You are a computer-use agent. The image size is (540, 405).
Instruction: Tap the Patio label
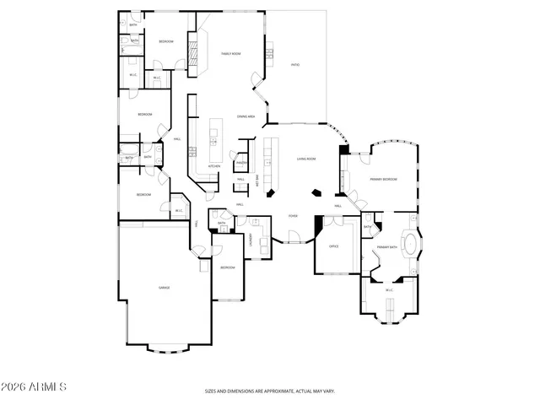(x=295, y=64)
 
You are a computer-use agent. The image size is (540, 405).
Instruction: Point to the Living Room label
(x=305, y=159)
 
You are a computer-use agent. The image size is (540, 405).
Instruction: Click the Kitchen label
(x=214, y=166)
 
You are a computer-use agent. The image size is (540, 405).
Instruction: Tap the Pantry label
(x=240, y=162)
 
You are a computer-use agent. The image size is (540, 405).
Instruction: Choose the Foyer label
(x=293, y=215)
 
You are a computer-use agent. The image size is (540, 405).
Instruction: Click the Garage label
(x=165, y=288)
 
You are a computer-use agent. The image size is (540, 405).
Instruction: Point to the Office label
(x=332, y=246)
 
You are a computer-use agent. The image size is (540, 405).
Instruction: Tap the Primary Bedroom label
(x=383, y=179)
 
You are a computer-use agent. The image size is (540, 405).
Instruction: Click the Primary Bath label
(x=387, y=246)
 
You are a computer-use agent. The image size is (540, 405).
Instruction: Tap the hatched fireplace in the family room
(x=192, y=56)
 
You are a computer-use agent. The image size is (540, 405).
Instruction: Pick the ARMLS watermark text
(x=35, y=386)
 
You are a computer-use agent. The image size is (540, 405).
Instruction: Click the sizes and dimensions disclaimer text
(x=270, y=391)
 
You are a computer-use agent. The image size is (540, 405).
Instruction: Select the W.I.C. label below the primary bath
(x=389, y=290)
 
